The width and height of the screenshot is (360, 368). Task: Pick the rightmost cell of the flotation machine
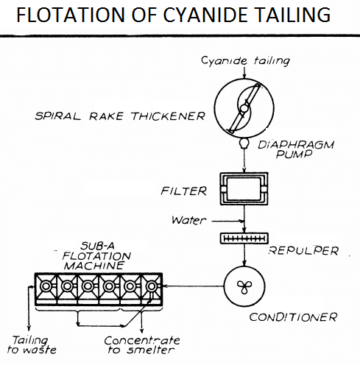click(153, 286)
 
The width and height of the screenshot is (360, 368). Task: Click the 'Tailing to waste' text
click(29, 345)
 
